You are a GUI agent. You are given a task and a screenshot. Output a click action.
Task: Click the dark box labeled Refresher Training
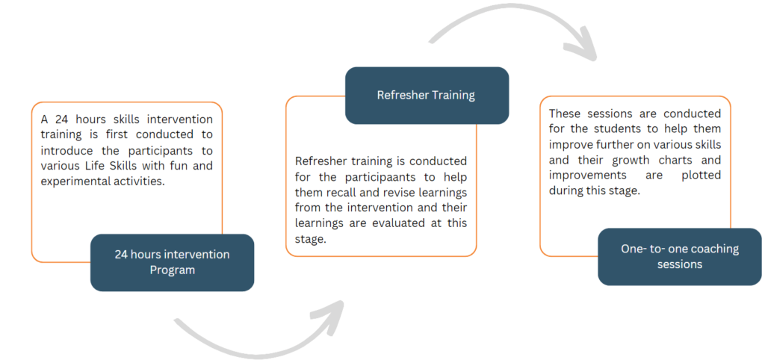[x=427, y=96]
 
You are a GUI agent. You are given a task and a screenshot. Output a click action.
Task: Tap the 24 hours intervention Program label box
[x=172, y=262]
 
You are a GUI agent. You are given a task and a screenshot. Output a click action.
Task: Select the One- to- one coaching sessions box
[x=679, y=256]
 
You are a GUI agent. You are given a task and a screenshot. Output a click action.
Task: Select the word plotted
[x=701, y=176]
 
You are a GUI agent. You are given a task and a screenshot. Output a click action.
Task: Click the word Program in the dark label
[x=172, y=270]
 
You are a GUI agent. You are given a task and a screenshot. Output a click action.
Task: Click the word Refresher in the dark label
[x=403, y=96]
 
